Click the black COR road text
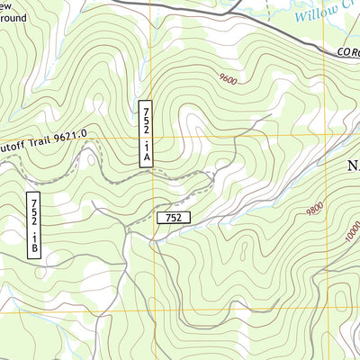pyautogui.click(x=348, y=53)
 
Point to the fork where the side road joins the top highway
pyautogui.click(x=228, y=12)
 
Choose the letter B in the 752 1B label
pyautogui.click(x=33, y=244)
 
